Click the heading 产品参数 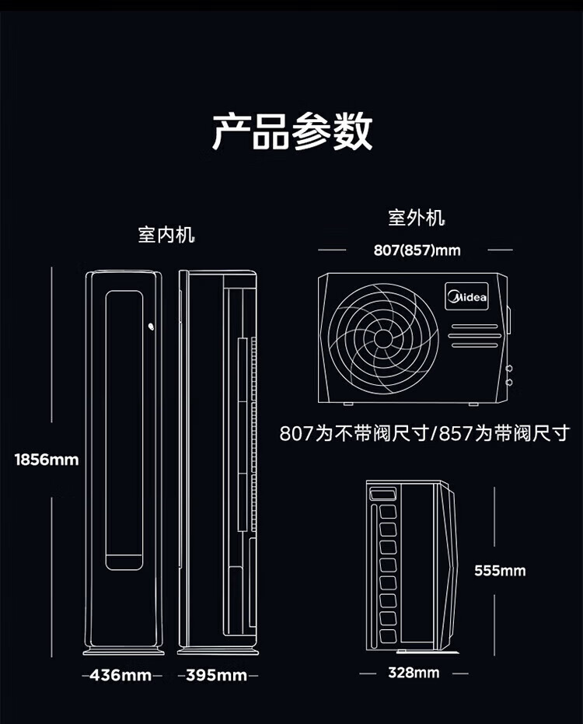[292, 131]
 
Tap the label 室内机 [166, 235]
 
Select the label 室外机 [417, 218]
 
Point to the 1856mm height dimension [47, 460]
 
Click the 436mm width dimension [121, 675]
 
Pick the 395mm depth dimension [217, 675]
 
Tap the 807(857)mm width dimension [417, 250]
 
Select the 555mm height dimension [501, 571]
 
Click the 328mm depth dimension [414, 673]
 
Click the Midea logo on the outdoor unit [466, 296]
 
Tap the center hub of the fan [382, 338]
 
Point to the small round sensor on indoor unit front [151, 327]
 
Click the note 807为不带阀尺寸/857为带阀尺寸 [424, 434]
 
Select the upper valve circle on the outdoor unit [508, 369]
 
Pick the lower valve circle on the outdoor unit [508, 383]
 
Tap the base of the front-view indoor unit [124, 651]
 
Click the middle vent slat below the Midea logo [474, 336]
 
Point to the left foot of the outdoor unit [348, 404]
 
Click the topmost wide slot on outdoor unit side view [382, 495]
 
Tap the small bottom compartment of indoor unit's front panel [124, 562]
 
